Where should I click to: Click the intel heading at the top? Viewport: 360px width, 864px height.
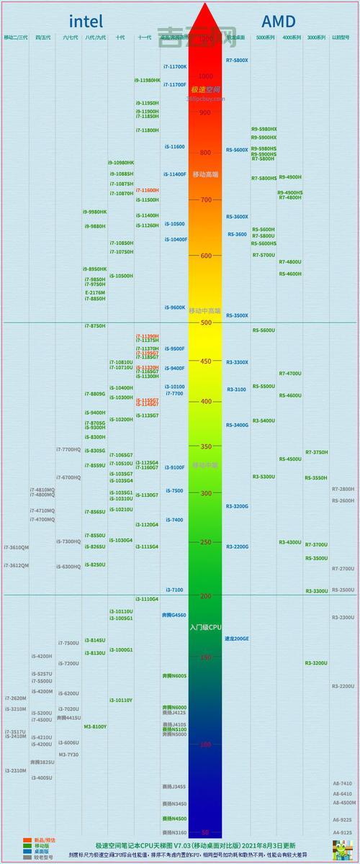point(86,20)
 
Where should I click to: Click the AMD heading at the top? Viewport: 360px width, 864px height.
point(279,20)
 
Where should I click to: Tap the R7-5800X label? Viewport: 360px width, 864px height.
point(237,60)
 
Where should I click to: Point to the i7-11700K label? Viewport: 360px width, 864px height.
point(174,67)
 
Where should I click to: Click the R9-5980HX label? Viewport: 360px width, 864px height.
point(264,129)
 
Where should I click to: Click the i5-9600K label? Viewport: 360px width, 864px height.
point(174,307)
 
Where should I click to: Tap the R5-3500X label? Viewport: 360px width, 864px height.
point(237,315)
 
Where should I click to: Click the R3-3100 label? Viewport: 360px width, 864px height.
point(236,390)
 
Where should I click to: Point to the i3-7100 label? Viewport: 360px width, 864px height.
point(174,590)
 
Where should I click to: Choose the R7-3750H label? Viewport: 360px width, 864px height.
point(316,452)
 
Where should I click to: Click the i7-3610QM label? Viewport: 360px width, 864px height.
point(16,548)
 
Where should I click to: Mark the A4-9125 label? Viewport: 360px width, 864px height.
point(342,832)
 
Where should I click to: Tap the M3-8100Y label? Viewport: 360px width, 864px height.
point(95,726)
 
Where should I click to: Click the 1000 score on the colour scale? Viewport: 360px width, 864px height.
point(206,76)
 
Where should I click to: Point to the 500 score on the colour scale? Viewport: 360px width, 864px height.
point(206,323)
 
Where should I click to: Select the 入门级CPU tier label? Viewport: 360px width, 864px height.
point(206,628)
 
